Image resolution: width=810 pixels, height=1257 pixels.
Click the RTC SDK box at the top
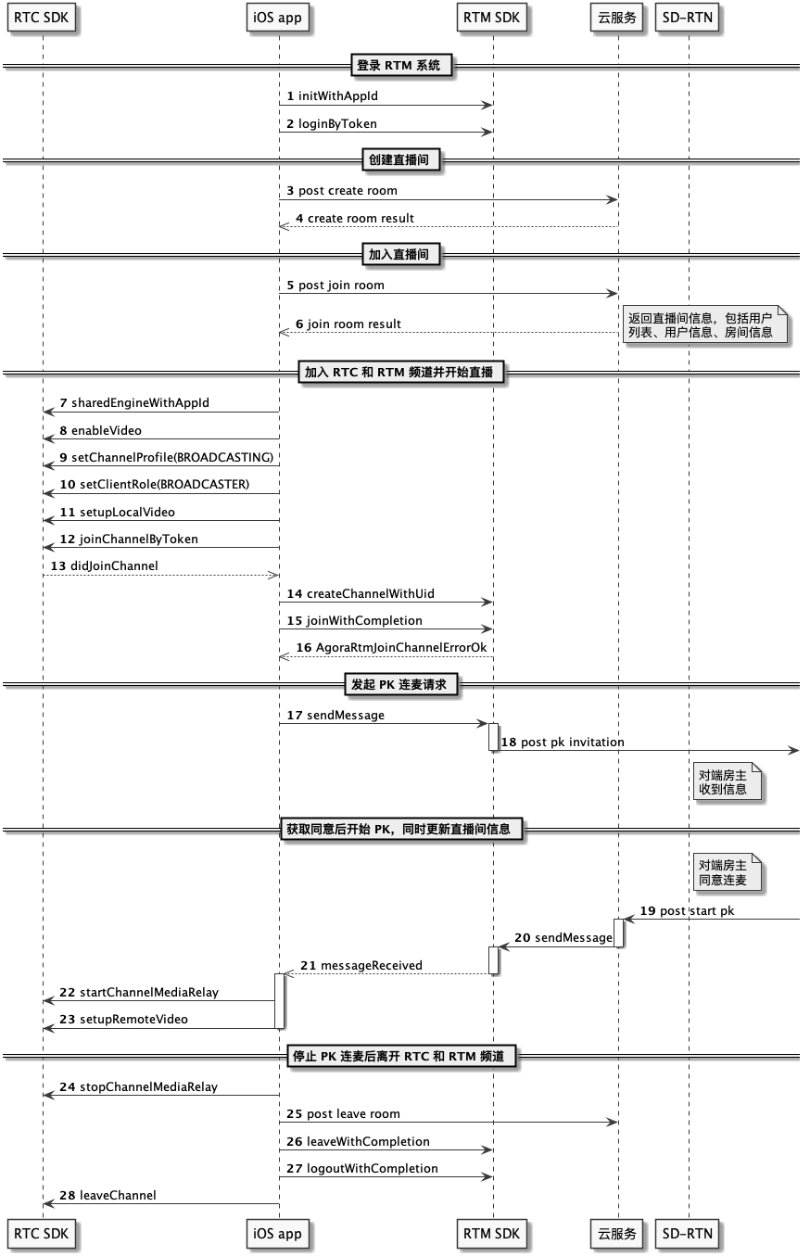point(41,18)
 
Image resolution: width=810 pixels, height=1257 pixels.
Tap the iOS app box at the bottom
point(277,1234)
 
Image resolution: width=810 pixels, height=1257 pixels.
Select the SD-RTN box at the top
point(687,18)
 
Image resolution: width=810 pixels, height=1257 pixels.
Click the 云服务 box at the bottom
point(616,1234)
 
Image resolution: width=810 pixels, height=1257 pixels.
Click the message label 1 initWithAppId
point(333,96)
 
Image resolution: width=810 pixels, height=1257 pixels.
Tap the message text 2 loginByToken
point(332,123)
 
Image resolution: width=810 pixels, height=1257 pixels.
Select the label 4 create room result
point(355,218)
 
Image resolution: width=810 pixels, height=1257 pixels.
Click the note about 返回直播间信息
point(704,324)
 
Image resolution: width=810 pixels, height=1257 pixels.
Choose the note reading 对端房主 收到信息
point(727,781)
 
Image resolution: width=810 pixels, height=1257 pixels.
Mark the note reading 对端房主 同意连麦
point(727,872)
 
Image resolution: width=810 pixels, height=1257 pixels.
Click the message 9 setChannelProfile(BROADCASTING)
point(167,457)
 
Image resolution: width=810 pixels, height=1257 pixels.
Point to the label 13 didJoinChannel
point(105,565)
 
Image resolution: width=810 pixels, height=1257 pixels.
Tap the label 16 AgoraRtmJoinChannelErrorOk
point(391,648)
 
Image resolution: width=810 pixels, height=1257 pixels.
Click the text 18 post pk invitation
point(563,742)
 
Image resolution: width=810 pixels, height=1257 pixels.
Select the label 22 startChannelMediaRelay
point(139,992)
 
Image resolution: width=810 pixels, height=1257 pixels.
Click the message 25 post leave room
point(343,1114)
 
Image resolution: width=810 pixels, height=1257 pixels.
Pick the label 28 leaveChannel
point(108,1195)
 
